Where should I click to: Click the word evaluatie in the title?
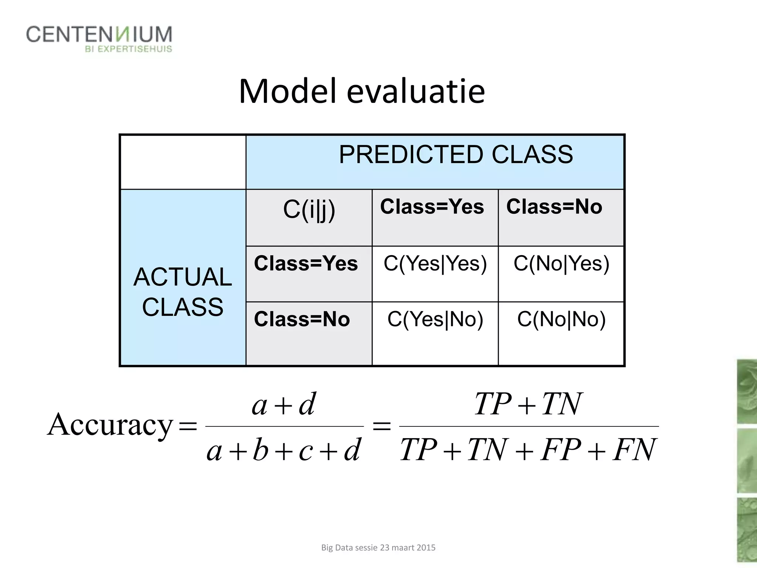click(415, 91)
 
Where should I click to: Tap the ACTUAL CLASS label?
click(183, 292)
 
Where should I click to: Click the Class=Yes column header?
click(432, 206)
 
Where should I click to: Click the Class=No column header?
click(554, 206)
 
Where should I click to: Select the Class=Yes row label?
click(306, 263)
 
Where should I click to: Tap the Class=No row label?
click(302, 319)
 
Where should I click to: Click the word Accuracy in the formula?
click(110, 425)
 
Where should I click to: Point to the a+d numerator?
click(284, 404)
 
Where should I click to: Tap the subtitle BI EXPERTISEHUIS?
click(128, 49)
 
